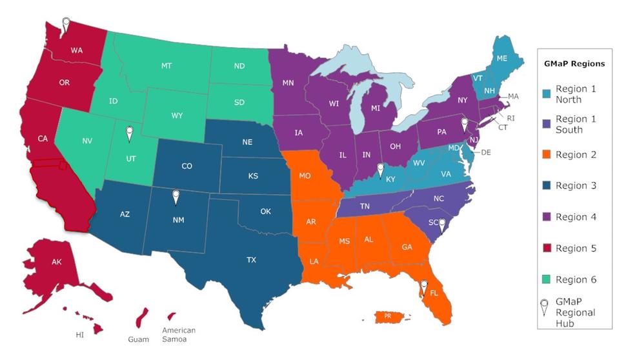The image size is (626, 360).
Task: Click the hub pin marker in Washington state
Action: [x=65, y=24]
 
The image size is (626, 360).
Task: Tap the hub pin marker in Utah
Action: [x=129, y=133]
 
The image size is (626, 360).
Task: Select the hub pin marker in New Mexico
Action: [x=175, y=197]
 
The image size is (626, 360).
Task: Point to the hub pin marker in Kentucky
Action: [x=380, y=170]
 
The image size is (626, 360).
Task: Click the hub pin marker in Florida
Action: [x=423, y=286]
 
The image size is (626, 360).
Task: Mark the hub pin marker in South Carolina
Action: [x=442, y=225]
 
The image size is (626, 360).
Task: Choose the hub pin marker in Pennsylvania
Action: [x=463, y=124]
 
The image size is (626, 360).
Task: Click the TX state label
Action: [x=251, y=260]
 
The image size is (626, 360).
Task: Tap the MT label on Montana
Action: [x=167, y=66]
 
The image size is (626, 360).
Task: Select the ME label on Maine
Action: [x=501, y=57]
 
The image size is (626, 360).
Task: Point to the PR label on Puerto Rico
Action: [x=388, y=316]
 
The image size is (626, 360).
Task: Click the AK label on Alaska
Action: [x=56, y=262]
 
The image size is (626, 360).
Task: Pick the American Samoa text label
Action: [x=179, y=335]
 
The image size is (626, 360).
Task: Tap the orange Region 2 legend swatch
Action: [x=546, y=155]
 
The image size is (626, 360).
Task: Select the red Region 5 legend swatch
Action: [x=546, y=248]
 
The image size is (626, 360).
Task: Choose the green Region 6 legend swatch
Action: [x=546, y=279]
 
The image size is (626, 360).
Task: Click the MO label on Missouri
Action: [x=305, y=175]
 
